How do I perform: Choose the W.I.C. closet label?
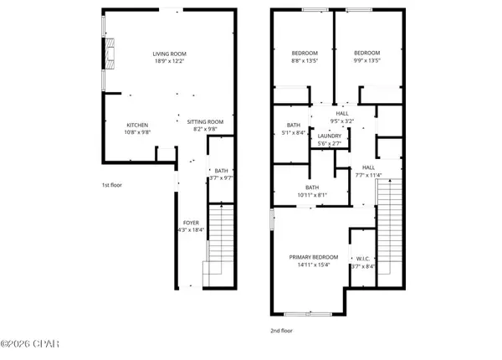(363, 259)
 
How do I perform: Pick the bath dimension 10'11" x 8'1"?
(312, 194)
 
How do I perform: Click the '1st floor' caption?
(112, 184)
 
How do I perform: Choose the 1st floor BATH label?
(221, 170)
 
